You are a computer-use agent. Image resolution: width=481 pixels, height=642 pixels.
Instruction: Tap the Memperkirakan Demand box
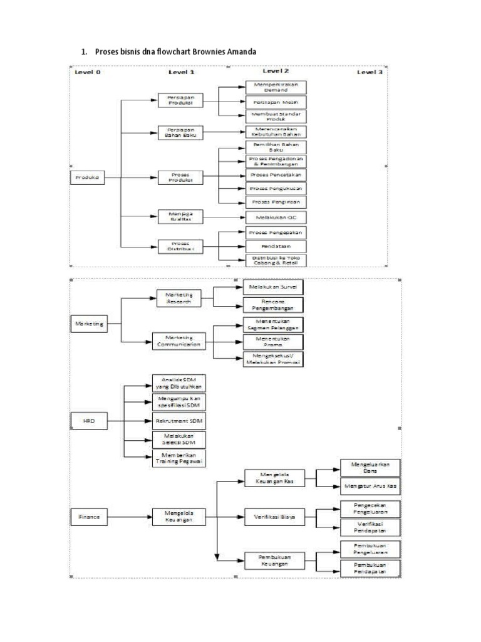274,87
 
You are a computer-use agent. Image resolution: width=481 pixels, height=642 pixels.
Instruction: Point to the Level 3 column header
370,72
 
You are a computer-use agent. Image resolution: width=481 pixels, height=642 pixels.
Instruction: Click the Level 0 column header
88,72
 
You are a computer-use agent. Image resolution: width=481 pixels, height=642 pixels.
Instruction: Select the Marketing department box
88,324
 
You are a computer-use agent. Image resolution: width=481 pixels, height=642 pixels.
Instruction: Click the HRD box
88,421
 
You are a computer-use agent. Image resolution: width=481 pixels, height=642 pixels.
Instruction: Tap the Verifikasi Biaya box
274,517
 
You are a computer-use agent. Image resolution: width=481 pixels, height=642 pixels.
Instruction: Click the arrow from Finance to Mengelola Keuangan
128,517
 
